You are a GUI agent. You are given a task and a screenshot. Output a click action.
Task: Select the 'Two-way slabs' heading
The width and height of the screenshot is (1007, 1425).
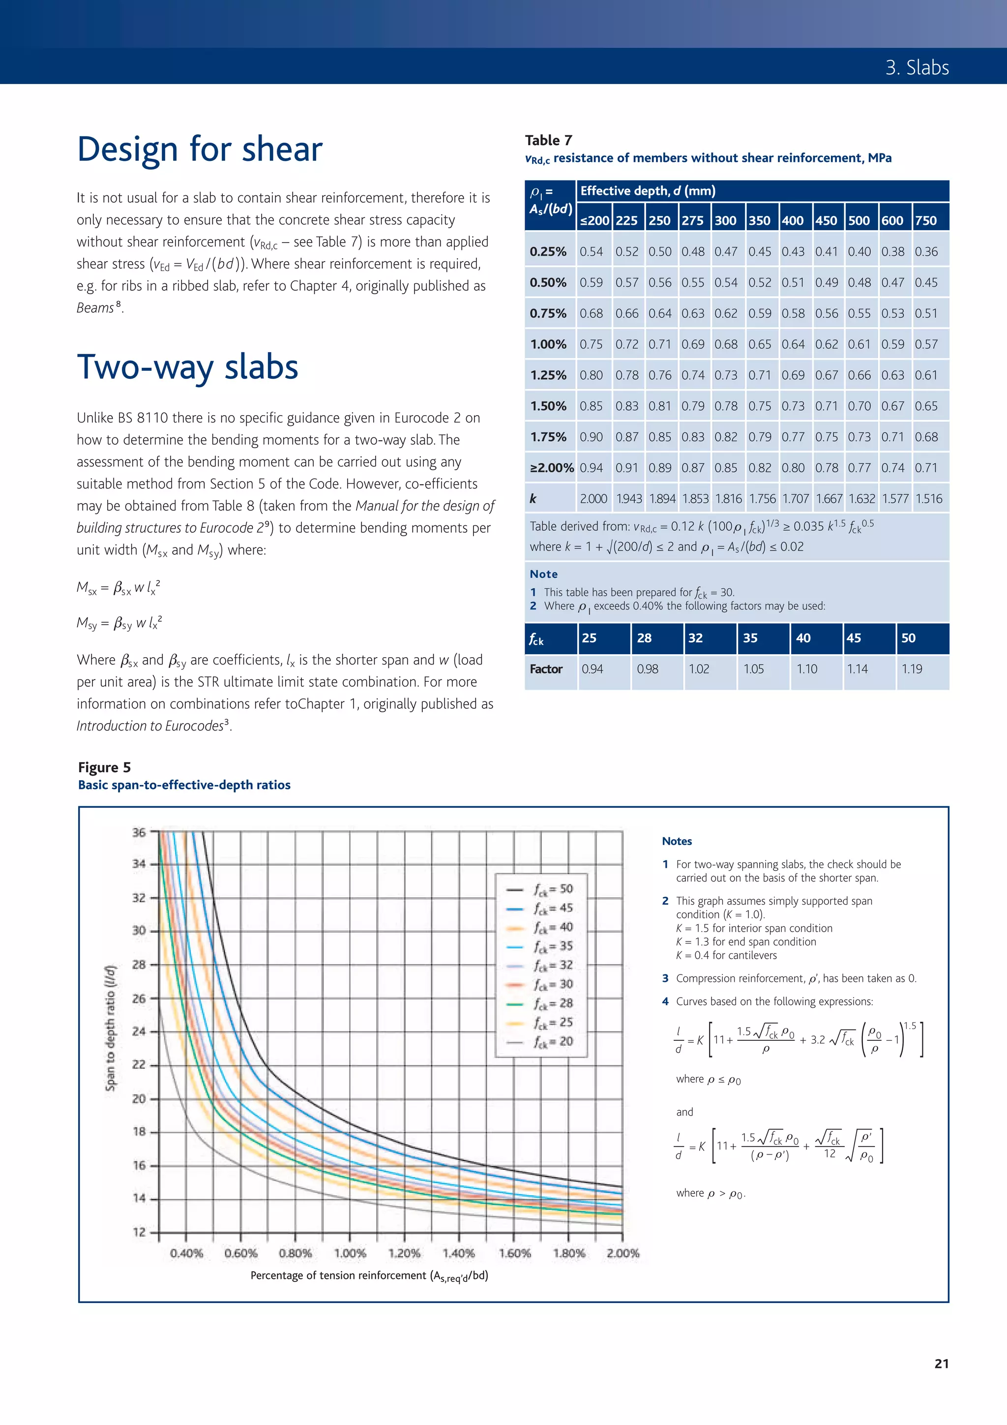(x=187, y=367)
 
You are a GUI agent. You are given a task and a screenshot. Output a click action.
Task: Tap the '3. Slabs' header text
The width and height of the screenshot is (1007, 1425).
(x=917, y=67)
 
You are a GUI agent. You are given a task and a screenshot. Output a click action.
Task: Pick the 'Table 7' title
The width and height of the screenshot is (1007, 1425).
(x=548, y=140)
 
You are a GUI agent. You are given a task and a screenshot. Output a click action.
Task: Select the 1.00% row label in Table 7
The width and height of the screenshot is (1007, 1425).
(x=548, y=344)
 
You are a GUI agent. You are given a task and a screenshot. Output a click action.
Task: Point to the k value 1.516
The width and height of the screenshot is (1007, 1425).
(x=928, y=499)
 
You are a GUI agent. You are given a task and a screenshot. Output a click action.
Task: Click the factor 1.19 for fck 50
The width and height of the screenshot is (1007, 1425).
(x=912, y=669)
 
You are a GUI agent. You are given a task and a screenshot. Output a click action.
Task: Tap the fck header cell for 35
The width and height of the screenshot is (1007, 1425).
(x=750, y=638)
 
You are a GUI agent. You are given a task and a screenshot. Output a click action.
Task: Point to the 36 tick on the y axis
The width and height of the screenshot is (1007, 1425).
(x=139, y=832)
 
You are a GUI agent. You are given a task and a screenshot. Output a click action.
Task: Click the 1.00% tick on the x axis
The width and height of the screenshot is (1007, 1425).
(x=350, y=1253)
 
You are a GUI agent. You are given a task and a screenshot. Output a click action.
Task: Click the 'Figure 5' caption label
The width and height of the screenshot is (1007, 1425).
(x=104, y=768)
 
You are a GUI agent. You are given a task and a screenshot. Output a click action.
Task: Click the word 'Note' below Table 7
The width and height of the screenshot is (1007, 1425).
(x=543, y=574)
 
